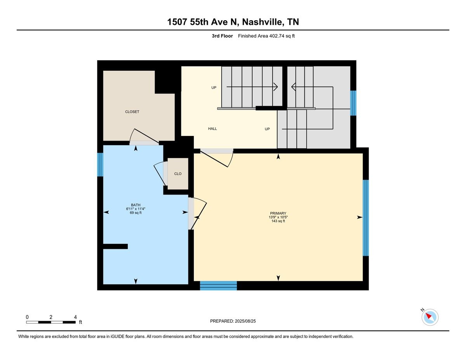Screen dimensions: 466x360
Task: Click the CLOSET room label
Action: click(x=132, y=112)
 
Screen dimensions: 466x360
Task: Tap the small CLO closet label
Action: click(x=178, y=174)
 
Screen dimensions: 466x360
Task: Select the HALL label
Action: click(x=212, y=129)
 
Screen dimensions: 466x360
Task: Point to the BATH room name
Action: click(x=136, y=205)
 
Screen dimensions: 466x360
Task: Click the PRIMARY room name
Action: click(x=278, y=213)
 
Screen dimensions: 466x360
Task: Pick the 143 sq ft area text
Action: click(x=278, y=221)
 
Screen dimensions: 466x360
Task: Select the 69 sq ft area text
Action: click(x=136, y=213)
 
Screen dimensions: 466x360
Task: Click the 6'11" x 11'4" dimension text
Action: click(x=136, y=209)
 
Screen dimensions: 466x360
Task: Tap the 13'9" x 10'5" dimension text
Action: click(x=278, y=217)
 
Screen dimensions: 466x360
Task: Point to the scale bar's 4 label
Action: click(x=75, y=317)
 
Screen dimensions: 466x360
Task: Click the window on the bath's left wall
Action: click(x=100, y=165)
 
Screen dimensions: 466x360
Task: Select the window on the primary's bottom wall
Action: click(x=218, y=286)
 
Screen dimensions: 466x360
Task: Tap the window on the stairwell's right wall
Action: click(x=353, y=103)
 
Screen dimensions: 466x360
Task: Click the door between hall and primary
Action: click(x=217, y=158)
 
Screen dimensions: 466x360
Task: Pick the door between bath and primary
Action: click(x=197, y=213)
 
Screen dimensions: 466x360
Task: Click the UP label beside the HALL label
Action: click(x=267, y=129)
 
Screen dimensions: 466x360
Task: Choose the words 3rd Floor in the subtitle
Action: click(x=222, y=36)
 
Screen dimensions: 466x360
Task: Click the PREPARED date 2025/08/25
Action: click(x=245, y=321)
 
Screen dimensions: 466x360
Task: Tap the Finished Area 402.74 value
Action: click(x=276, y=36)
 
